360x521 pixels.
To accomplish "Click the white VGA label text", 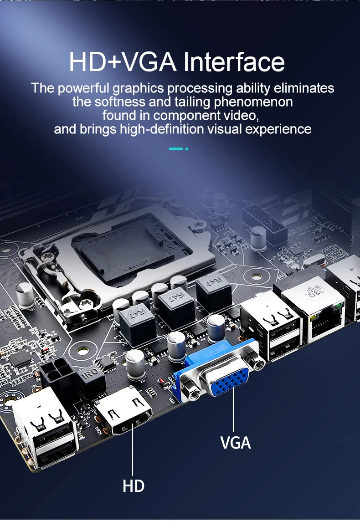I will point(236,442).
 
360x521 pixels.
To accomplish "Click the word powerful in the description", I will point(83,88).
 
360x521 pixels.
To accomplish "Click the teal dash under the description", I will point(176,148).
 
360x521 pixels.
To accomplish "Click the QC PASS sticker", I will point(314,294).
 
